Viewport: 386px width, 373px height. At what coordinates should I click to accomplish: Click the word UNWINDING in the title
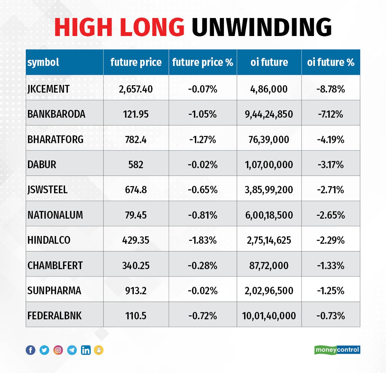click(x=262, y=27)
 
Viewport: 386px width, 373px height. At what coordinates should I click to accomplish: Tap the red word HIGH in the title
click(x=84, y=27)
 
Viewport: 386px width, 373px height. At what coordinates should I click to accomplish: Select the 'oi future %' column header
click(x=331, y=62)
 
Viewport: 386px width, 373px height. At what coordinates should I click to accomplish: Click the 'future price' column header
click(x=136, y=62)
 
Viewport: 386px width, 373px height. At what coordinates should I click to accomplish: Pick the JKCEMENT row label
click(x=48, y=89)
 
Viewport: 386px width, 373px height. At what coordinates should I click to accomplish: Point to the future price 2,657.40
click(x=136, y=89)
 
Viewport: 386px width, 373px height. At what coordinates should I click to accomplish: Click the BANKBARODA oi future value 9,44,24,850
click(x=269, y=114)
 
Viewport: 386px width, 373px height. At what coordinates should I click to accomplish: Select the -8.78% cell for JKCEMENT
click(x=331, y=89)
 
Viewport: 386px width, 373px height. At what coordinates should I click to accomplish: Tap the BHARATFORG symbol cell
click(x=55, y=139)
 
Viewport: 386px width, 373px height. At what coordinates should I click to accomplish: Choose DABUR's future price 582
click(x=136, y=165)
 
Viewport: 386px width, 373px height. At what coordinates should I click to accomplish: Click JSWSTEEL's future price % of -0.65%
click(x=203, y=190)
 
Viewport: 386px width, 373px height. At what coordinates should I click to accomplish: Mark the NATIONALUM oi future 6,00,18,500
click(x=269, y=215)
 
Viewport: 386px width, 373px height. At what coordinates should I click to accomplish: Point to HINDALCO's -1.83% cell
click(x=203, y=240)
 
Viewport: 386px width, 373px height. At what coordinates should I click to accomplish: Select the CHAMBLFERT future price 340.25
click(x=136, y=265)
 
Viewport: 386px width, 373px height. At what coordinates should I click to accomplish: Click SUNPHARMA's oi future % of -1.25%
click(x=331, y=291)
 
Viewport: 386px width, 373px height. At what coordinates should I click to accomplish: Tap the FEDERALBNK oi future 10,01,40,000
click(x=269, y=316)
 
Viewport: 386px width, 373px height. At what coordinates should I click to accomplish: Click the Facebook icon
click(x=31, y=350)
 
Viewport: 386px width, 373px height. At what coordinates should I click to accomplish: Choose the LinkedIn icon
click(x=86, y=350)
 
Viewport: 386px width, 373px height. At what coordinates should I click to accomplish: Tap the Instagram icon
click(x=58, y=350)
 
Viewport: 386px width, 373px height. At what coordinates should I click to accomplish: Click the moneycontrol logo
click(x=337, y=350)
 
